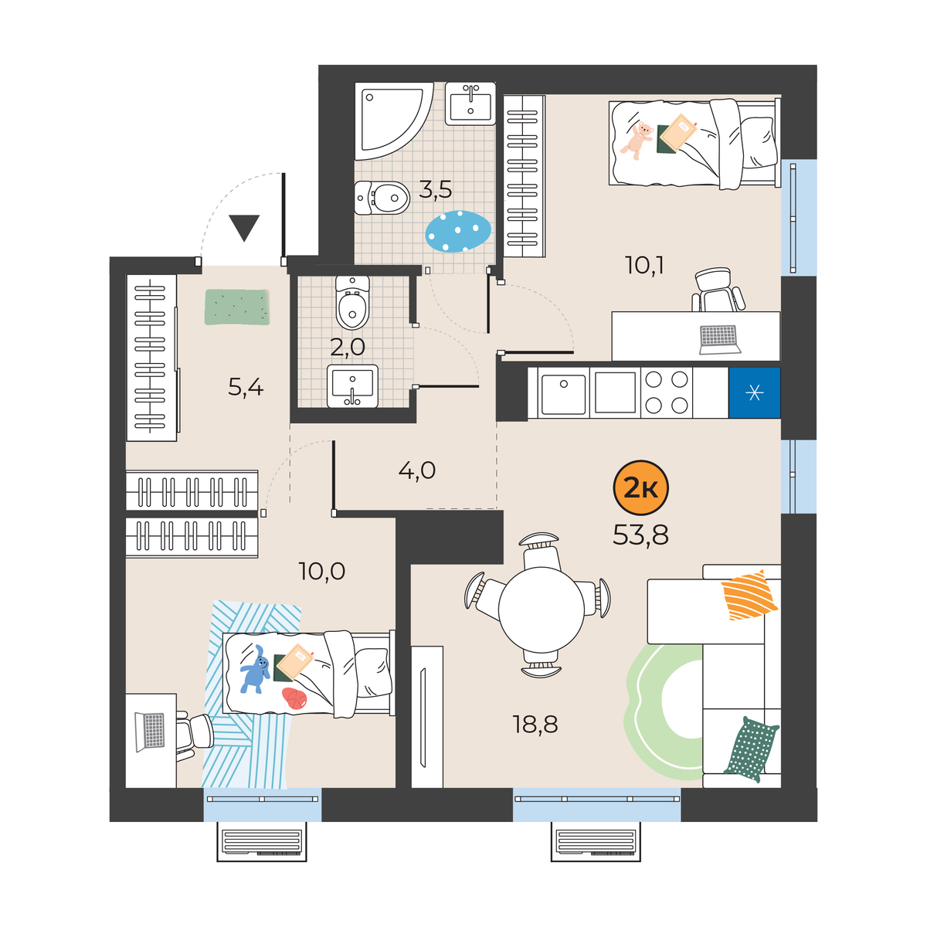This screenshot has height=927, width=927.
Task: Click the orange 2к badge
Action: click(x=640, y=489)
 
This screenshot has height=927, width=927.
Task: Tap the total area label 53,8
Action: click(x=640, y=535)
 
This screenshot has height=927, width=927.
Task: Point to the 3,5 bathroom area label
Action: click(x=436, y=190)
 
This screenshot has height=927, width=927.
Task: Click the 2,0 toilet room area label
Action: click(x=348, y=347)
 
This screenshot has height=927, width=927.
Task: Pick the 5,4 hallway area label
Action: click(x=246, y=387)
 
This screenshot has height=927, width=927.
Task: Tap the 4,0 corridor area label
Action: click(x=416, y=470)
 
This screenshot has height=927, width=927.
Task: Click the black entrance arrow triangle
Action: click(x=244, y=228)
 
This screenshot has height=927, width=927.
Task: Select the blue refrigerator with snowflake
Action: click(x=754, y=393)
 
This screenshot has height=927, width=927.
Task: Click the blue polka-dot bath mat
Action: click(x=458, y=231)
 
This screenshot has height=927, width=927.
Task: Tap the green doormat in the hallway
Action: click(x=237, y=307)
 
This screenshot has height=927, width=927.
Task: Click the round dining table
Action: click(x=542, y=610)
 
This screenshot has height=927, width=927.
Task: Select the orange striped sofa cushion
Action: click(x=749, y=595)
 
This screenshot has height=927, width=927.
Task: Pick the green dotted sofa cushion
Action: click(x=751, y=749)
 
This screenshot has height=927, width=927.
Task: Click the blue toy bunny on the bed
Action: click(x=255, y=669)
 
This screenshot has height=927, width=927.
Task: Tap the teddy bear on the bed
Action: click(x=637, y=140)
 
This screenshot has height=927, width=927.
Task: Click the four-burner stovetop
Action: click(x=666, y=393)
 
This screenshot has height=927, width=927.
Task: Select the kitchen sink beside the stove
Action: click(x=563, y=393)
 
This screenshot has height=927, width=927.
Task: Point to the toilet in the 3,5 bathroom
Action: click(x=382, y=198)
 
